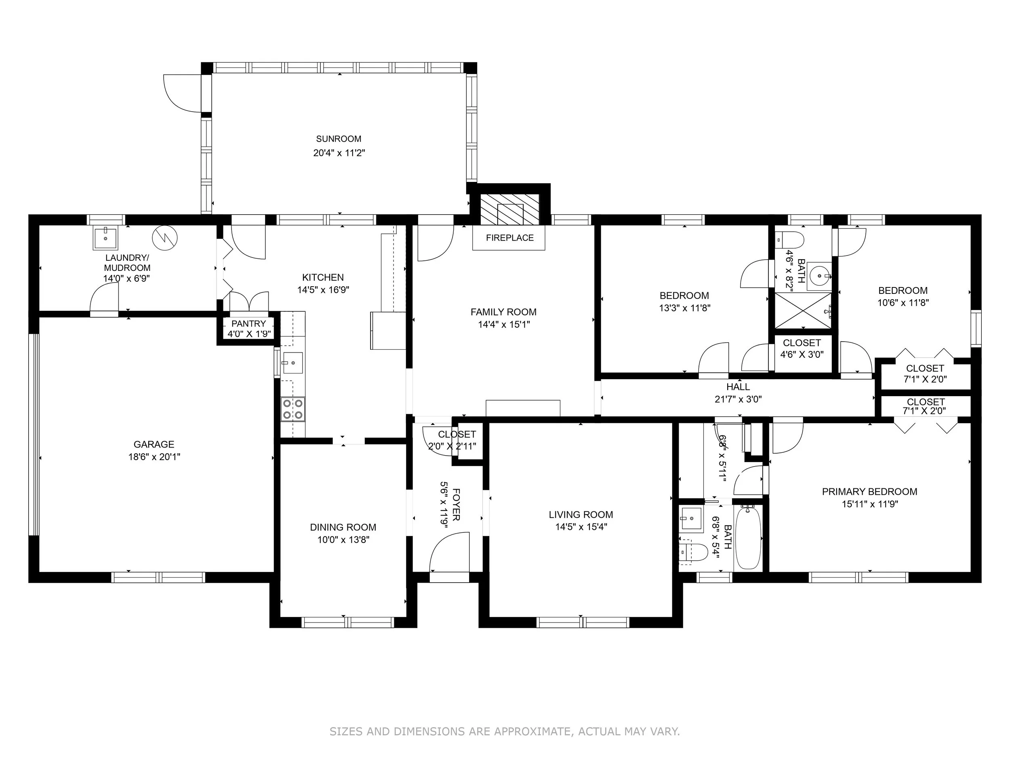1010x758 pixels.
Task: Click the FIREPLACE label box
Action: [x=509, y=238]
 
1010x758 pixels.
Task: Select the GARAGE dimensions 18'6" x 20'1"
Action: [x=154, y=456]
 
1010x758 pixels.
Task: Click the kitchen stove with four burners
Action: [x=292, y=409]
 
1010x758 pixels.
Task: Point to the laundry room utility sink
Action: [x=105, y=238]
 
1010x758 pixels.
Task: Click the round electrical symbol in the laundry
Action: [x=165, y=238]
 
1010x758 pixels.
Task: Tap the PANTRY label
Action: [x=248, y=323]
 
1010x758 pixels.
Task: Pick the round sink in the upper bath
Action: [x=819, y=276]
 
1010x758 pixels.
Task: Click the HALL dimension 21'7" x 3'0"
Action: [x=738, y=399]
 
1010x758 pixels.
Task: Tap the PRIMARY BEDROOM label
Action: [x=869, y=492]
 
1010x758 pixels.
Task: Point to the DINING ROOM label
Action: [x=343, y=527]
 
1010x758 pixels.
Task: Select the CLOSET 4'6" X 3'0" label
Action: [x=802, y=348]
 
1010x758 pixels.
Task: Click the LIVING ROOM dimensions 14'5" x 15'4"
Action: [x=581, y=527]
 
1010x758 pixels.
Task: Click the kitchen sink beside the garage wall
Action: [x=292, y=363]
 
